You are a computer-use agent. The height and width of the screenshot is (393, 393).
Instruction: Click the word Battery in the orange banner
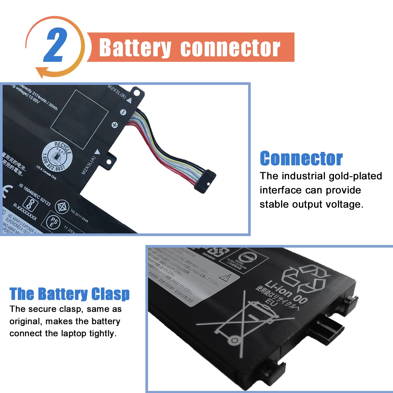(x=135, y=48)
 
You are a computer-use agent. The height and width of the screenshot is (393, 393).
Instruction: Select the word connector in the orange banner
(x=230, y=48)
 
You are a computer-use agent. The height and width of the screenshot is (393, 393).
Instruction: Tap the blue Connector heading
(x=301, y=159)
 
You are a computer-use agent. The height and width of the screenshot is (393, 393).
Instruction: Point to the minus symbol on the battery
(x=123, y=112)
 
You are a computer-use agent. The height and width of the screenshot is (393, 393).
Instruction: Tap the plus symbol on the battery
(x=114, y=125)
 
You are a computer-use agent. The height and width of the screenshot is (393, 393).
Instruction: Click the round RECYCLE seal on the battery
(x=57, y=156)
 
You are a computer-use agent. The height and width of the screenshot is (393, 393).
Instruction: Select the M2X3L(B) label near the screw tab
(x=117, y=91)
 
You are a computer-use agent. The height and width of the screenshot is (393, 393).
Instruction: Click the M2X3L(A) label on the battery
(x=89, y=165)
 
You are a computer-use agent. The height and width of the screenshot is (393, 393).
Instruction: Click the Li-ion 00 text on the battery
(x=286, y=292)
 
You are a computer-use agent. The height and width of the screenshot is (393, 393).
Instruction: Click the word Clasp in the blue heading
(x=110, y=294)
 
